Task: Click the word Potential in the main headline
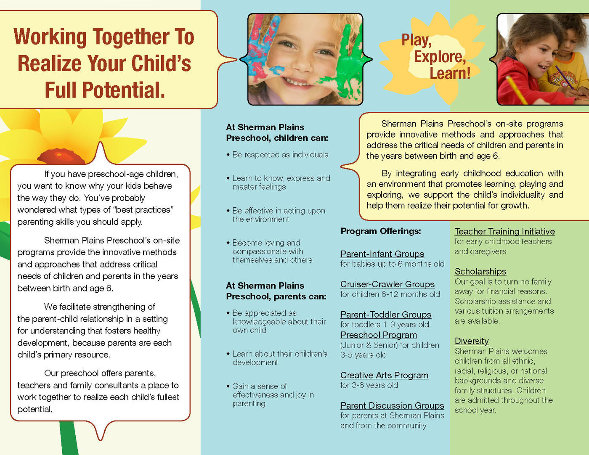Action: point(123,90)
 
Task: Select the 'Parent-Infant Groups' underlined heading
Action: point(382,254)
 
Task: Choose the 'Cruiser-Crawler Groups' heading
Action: point(387,284)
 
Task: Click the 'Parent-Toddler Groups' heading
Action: point(386,315)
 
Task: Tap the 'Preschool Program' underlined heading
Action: point(379,335)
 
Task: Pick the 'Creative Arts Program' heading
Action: point(385,376)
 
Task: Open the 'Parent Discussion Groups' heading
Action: point(392,406)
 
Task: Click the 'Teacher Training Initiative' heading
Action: point(505,232)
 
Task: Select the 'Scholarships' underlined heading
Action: point(480,271)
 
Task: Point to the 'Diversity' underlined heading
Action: point(472,341)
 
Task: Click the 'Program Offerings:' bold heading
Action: point(381,231)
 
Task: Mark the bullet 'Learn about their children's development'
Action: point(277,358)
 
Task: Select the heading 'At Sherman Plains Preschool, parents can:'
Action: point(276,291)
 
